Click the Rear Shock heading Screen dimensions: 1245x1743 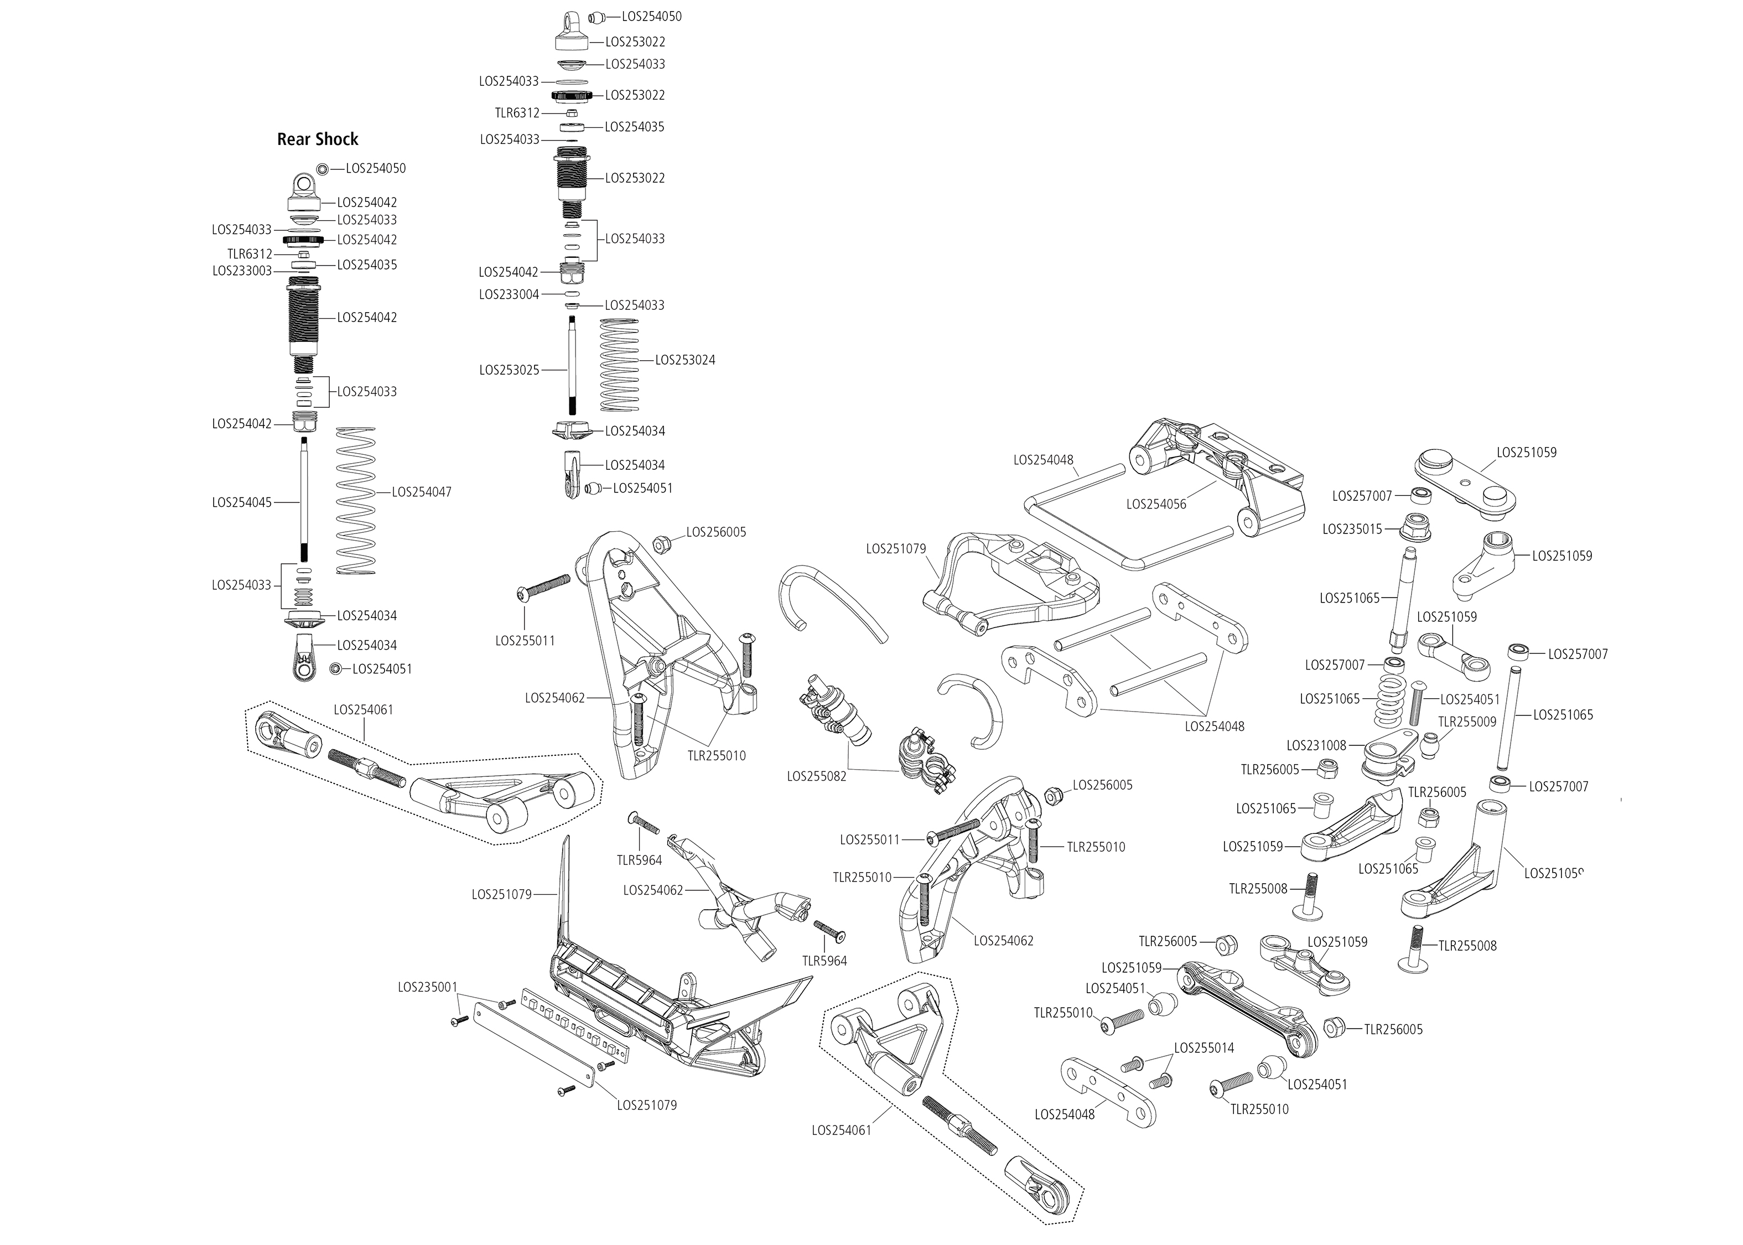(317, 139)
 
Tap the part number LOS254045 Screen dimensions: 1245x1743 (241, 503)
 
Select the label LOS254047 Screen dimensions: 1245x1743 (422, 492)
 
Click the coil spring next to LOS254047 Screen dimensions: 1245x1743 (356, 500)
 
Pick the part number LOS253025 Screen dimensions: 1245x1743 (509, 370)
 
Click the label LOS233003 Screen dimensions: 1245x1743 (241, 271)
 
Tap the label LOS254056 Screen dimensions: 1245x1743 (1156, 505)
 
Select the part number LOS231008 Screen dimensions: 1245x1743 (1316, 745)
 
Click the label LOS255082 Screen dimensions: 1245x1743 (816, 776)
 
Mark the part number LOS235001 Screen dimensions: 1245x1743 (427, 987)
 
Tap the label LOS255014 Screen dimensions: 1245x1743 (1203, 1048)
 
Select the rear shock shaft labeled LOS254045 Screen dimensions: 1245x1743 (304, 502)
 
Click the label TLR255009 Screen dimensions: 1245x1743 (1466, 722)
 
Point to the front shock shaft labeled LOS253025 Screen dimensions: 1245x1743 (571, 370)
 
